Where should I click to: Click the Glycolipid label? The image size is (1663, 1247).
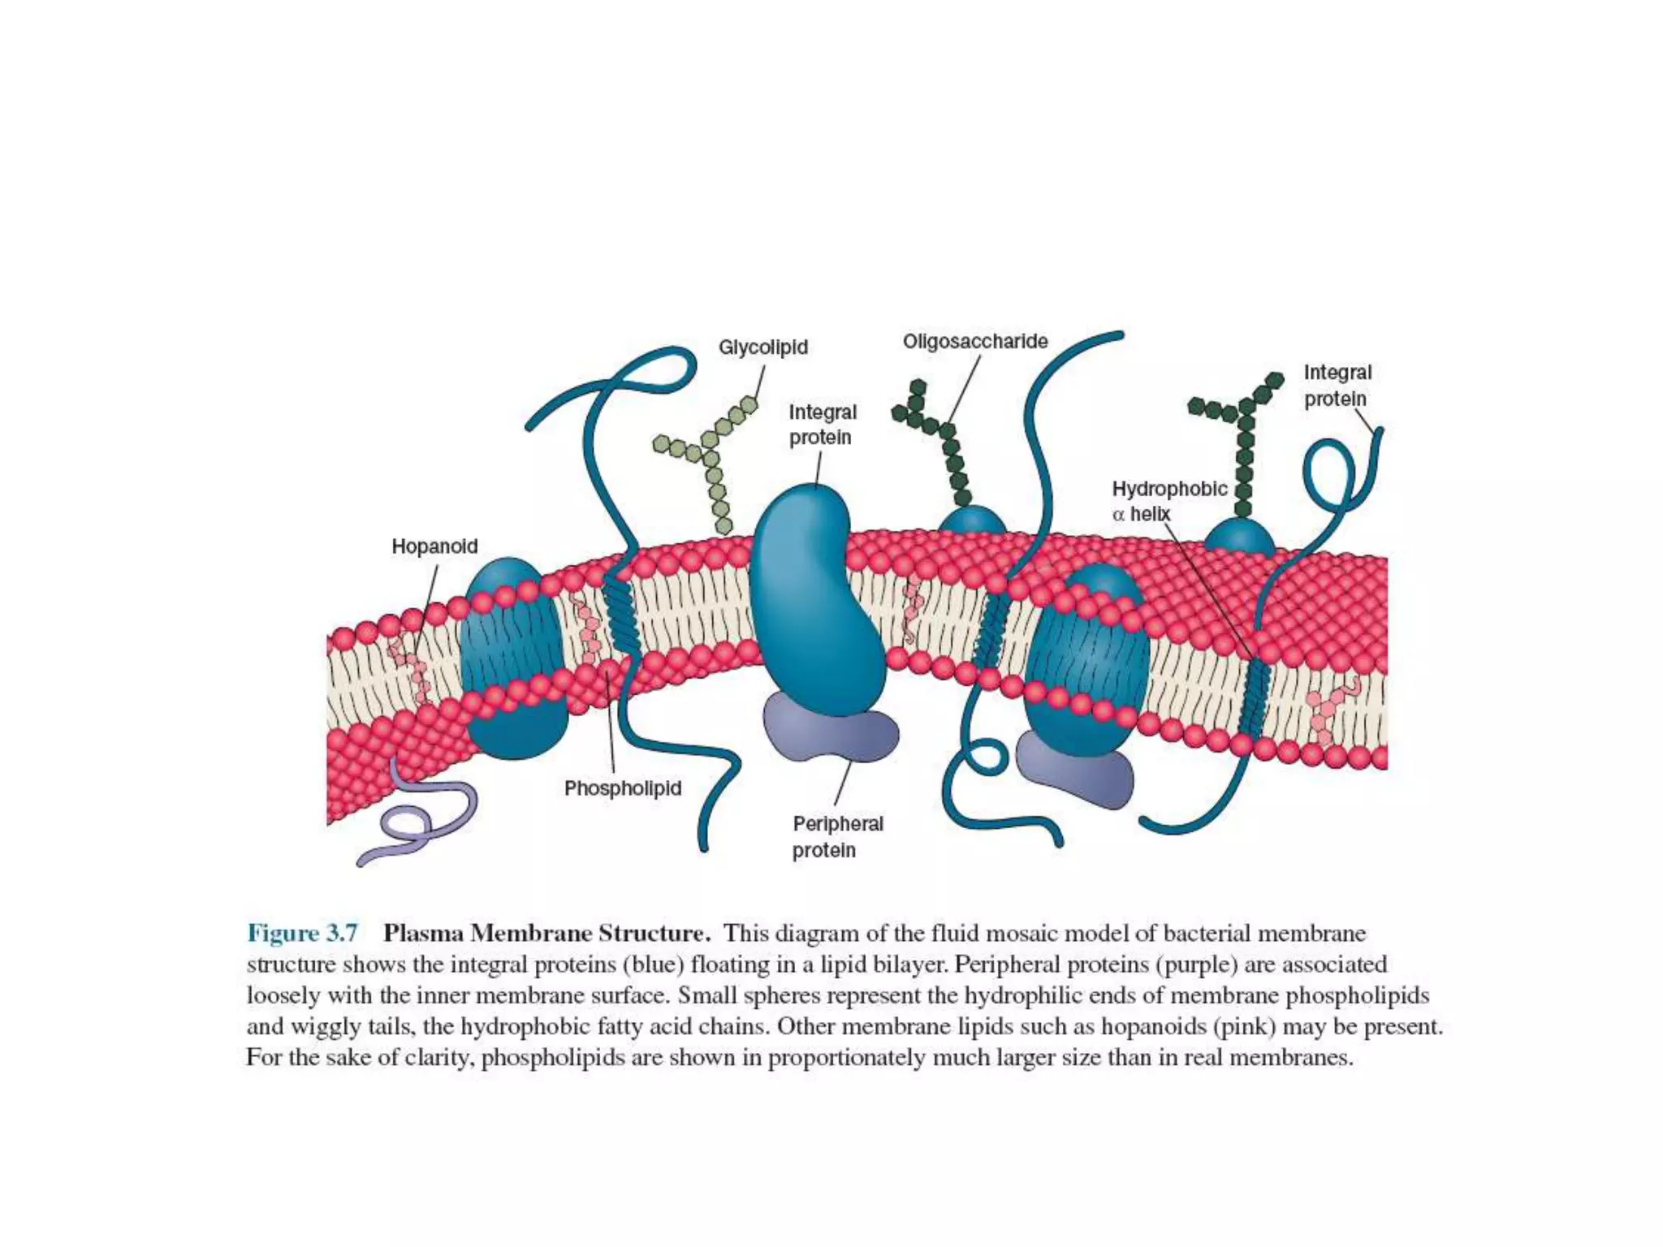tap(762, 347)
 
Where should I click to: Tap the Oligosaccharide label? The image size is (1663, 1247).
tap(974, 341)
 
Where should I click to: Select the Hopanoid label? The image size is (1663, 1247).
tap(434, 546)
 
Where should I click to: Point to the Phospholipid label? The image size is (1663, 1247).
tap(623, 788)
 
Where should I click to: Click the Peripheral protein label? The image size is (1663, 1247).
tap(837, 837)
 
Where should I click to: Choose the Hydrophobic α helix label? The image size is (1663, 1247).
tap(1168, 501)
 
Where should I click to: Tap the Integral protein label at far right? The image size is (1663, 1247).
tap(1337, 386)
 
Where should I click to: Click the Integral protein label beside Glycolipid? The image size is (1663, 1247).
tap(822, 425)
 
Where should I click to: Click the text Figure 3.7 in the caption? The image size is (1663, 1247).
tap(302, 934)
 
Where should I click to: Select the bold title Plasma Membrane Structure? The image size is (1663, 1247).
tap(546, 934)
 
